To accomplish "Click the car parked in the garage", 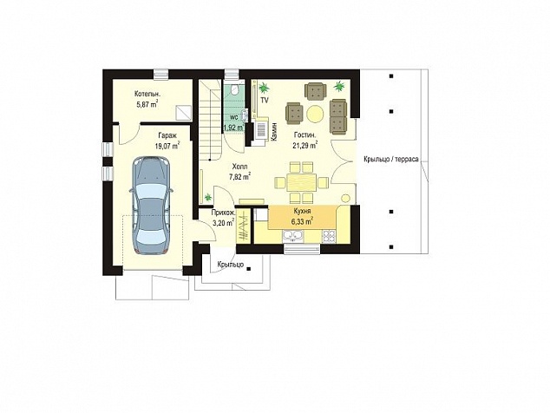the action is tap(151, 206).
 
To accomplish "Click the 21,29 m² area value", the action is tap(305, 144).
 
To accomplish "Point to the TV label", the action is tap(265, 101).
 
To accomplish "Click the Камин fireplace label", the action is tap(274, 132).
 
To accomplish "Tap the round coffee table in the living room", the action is tap(315, 114).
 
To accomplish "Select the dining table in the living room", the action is tap(301, 182).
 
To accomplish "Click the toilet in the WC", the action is tap(235, 89).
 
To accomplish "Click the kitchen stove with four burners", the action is tap(329, 236).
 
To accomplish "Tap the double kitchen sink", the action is tap(293, 237).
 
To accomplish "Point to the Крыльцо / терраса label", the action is tap(391, 160).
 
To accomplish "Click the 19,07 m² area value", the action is tap(167, 145).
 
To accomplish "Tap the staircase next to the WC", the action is tap(211, 120).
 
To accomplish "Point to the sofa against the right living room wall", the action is tap(338, 116).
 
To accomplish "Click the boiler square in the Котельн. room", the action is tap(184, 113).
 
